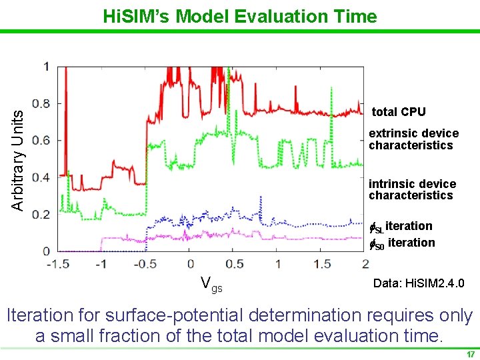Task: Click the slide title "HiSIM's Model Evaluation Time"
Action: click(240, 16)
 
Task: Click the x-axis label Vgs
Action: click(211, 285)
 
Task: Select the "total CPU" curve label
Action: click(398, 112)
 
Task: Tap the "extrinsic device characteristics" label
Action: click(413, 139)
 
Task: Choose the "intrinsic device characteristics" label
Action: click(412, 189)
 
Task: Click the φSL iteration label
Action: click(401, 227)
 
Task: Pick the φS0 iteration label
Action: click(402, 243)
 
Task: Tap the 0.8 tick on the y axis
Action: click(41, 103)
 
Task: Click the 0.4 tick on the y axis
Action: click(41, 177)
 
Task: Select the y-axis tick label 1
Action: click(45, 66)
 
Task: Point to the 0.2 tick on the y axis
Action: click(41, 214)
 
